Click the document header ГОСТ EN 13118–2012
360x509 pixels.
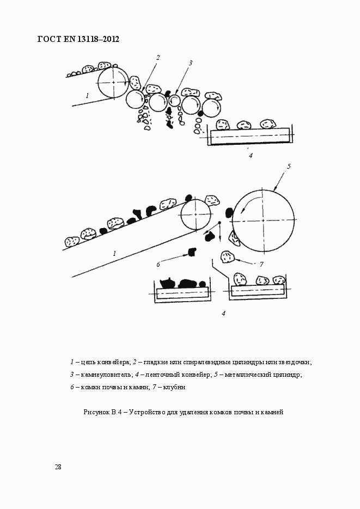[x=78, y=39]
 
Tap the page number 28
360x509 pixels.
[x=58, y=467]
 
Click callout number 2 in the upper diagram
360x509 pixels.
[x=157, y=58]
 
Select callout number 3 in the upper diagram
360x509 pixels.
[x=191, y=63]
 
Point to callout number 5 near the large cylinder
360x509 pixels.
[x=289, y=166]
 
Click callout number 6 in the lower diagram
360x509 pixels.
[x=158, y=264]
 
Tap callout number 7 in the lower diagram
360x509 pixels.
[x=261, y=264]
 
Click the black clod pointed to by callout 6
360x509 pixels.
[x=191, y=252]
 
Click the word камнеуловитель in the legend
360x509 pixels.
[x=103, y=375]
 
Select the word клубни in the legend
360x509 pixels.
[x=174, y=387]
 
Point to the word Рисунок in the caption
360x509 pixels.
[x=96, y=412]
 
